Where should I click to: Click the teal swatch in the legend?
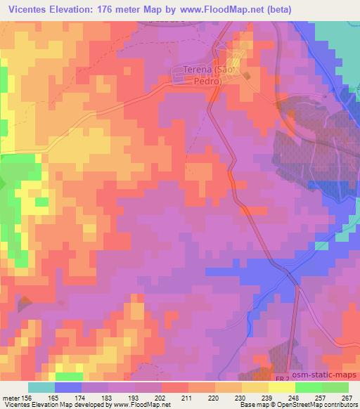click(41, 387)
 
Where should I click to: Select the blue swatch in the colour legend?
click(68, 387)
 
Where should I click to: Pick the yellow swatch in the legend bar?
click(255, 387)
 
